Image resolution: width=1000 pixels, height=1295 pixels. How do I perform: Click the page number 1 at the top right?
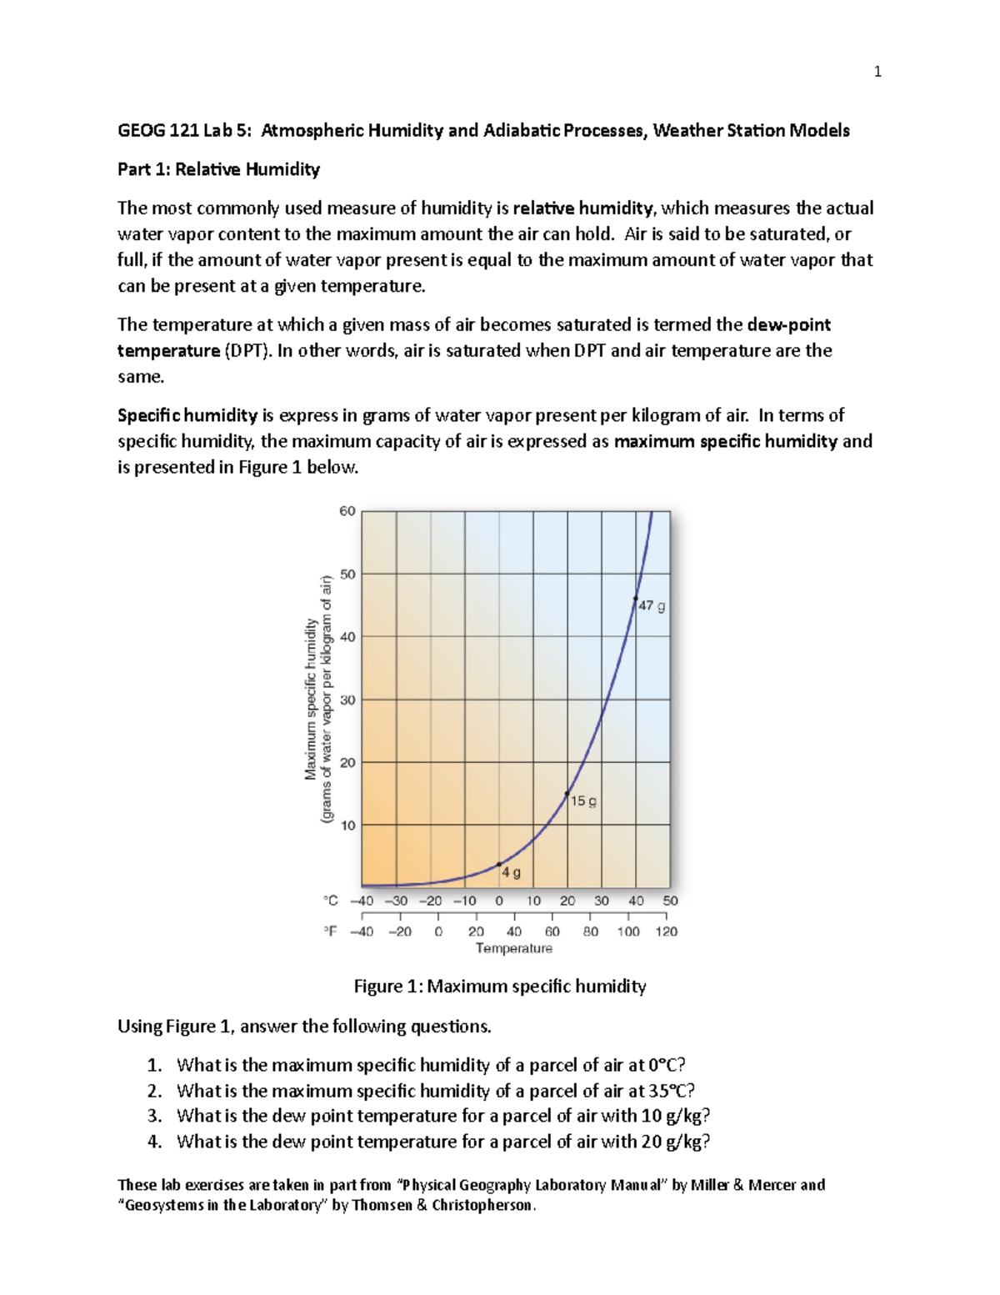tap(877, 72)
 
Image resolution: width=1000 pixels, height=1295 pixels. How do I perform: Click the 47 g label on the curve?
tap(652, 606)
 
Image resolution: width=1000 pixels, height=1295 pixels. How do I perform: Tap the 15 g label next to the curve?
tap(583, 801)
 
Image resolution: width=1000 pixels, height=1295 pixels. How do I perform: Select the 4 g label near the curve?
tap(511, 873)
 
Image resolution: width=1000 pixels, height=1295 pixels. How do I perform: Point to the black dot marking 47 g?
tap(636, 599)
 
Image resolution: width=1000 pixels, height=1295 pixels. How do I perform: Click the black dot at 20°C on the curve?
tap(567, 794)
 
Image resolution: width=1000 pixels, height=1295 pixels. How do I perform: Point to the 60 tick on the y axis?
tap(347, 511)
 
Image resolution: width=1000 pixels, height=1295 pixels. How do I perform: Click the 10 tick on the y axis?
tap(347, 826)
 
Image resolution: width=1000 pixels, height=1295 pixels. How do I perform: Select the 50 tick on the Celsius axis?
tap(670, 901)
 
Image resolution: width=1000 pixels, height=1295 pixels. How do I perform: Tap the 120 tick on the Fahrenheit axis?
tap(667, 931)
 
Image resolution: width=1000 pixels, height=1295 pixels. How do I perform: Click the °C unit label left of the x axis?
tap(331, 901)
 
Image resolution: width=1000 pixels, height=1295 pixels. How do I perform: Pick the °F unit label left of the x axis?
tap(331, 931)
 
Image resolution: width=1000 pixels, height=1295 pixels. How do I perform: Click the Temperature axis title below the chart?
tap(513, 948)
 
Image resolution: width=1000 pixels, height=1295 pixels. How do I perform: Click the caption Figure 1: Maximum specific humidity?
tap(500, 986)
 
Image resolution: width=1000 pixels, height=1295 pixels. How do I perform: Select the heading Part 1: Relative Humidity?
tap(218, 169)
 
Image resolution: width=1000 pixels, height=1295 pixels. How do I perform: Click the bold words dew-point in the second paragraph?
tap(788, 324)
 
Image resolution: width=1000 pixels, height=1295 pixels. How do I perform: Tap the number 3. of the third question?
tap(154, 1116)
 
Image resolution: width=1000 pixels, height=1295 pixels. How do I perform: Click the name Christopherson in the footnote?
tap(483, 1205)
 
